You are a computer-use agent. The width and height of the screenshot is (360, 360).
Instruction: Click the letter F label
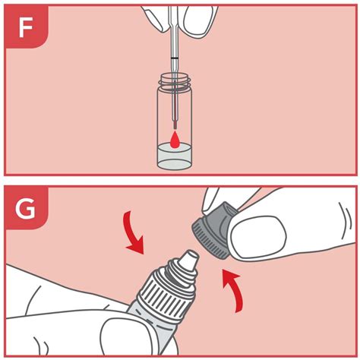[25, 27]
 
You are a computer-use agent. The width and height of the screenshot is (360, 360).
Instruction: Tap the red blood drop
[174, 140]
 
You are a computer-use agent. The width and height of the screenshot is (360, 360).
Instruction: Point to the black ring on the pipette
[174, 58]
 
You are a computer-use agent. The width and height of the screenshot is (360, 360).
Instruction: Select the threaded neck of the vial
[174, 81]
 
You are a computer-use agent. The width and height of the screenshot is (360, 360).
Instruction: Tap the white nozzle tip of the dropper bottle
[189, 260]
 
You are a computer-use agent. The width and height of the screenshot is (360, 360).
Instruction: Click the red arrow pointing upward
[234, 291]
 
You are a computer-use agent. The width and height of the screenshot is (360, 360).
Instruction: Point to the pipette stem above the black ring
[174, 33]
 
